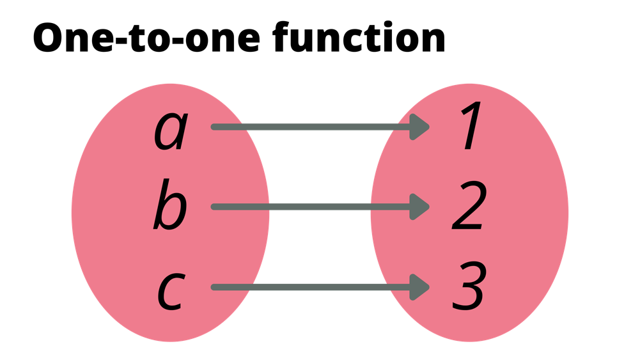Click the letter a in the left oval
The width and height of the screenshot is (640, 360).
pos(170,130)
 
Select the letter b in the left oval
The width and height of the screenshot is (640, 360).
pos(170,206)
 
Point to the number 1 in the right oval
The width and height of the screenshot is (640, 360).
pos(470,128)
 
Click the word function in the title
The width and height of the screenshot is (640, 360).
pos(359,39)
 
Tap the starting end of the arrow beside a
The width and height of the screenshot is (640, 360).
pos(215,127)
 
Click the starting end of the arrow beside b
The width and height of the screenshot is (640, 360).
pos(215,207)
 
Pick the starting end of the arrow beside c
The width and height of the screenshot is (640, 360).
pos(215,287)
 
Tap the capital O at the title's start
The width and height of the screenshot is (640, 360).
pos(49,40)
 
